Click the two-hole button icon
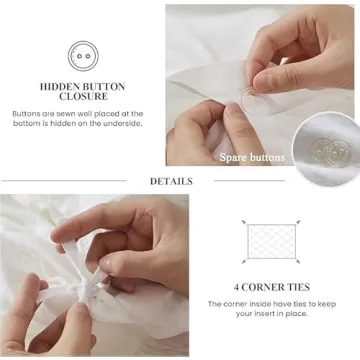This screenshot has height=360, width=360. [x=82, y=56]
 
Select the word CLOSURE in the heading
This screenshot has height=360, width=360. [x=82, y=99]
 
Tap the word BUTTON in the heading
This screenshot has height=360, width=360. [x=104, y=87]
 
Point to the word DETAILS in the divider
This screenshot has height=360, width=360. [x=171, y=181]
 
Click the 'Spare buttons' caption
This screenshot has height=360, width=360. [x=253, y=157]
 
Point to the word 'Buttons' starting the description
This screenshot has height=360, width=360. [x=28, y=114]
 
